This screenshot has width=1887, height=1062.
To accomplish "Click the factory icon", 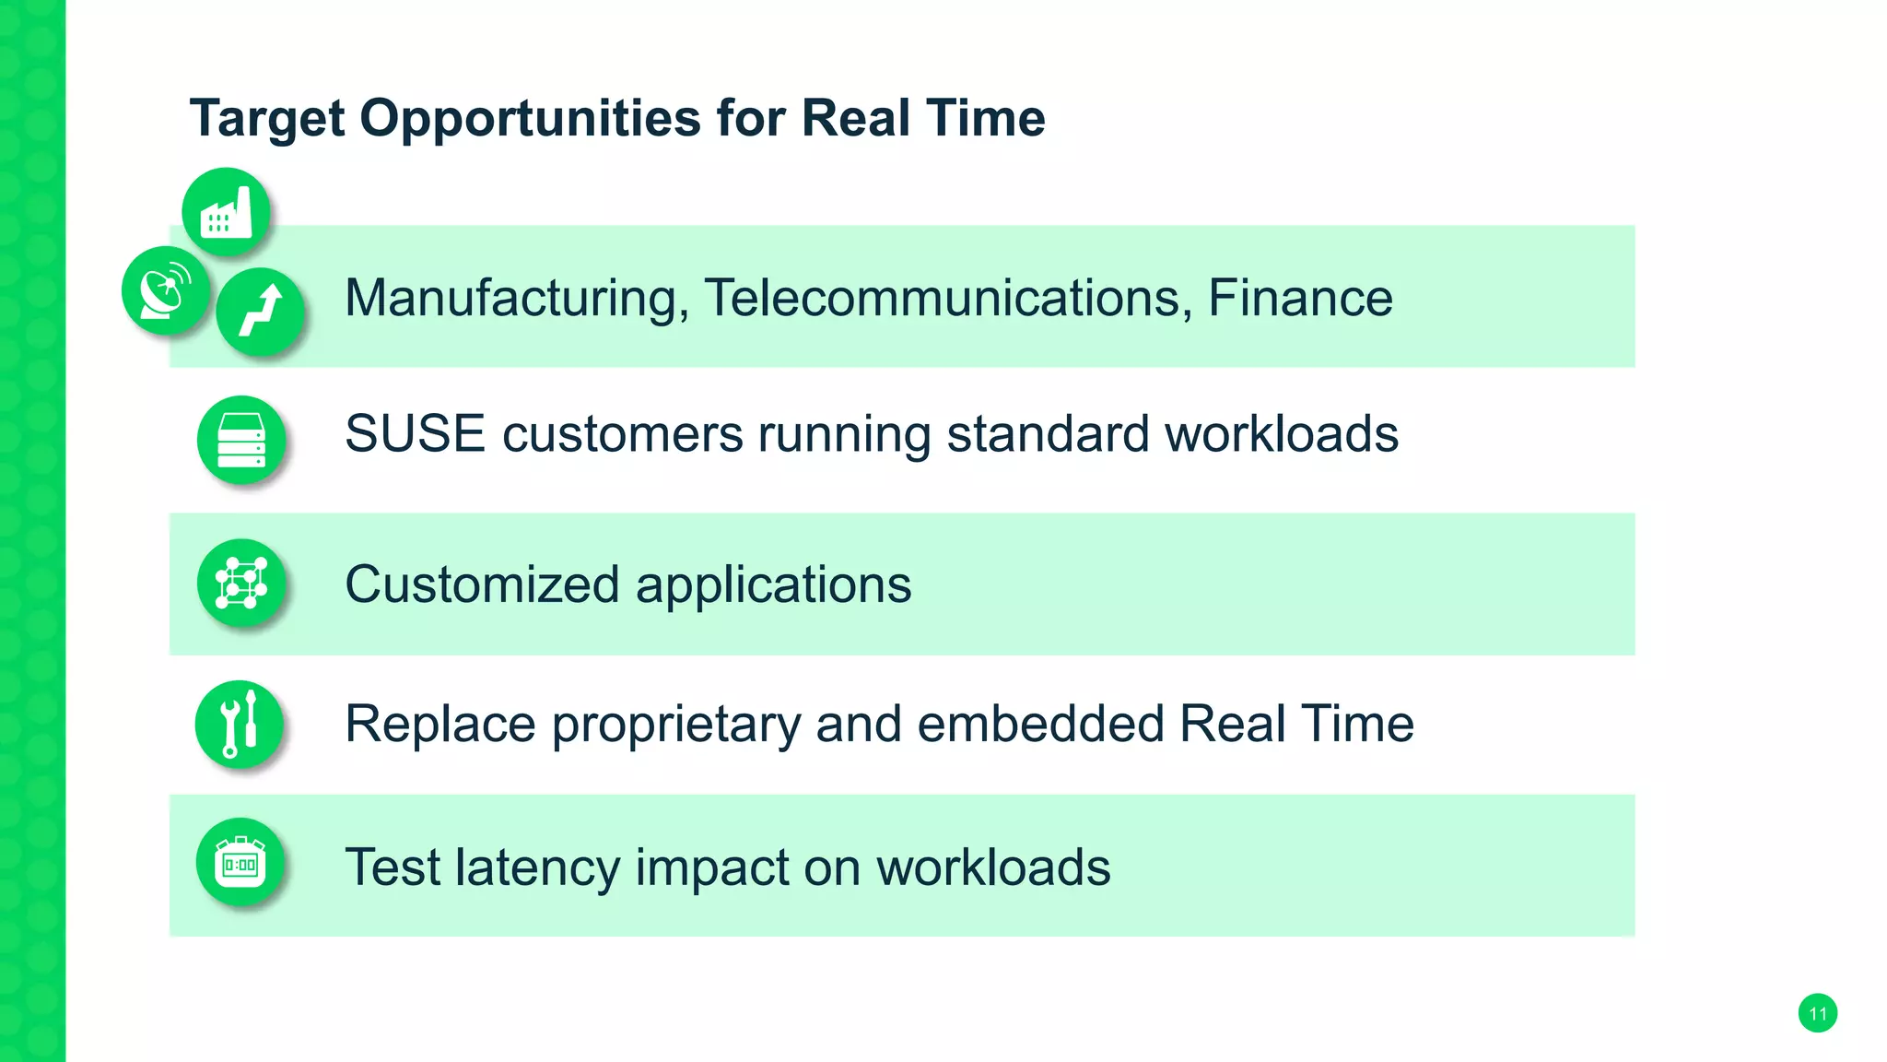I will pos(226,212).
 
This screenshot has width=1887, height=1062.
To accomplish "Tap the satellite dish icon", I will pos(166,290).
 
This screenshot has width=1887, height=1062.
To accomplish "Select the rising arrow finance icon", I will pos(261,312).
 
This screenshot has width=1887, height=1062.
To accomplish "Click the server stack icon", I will pos(241,440).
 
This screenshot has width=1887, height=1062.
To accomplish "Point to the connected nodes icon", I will pos(241,584).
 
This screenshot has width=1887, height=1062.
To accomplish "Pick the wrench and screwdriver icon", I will pos(240,724).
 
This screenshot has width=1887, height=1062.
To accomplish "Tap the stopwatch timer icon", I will pos(240,864).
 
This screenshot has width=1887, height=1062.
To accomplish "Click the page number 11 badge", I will pos(1817,1014).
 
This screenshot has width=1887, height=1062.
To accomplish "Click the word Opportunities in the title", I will pos(530,119).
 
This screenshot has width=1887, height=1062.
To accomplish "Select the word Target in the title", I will pos(267,119).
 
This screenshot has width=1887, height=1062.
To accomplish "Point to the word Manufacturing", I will pos(516,298).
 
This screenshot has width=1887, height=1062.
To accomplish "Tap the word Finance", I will pos(1300,298).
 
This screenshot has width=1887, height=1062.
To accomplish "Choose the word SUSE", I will pos(415,433).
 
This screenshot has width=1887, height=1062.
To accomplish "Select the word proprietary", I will pos(676,725).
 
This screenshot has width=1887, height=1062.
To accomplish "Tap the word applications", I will pos(773,585).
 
